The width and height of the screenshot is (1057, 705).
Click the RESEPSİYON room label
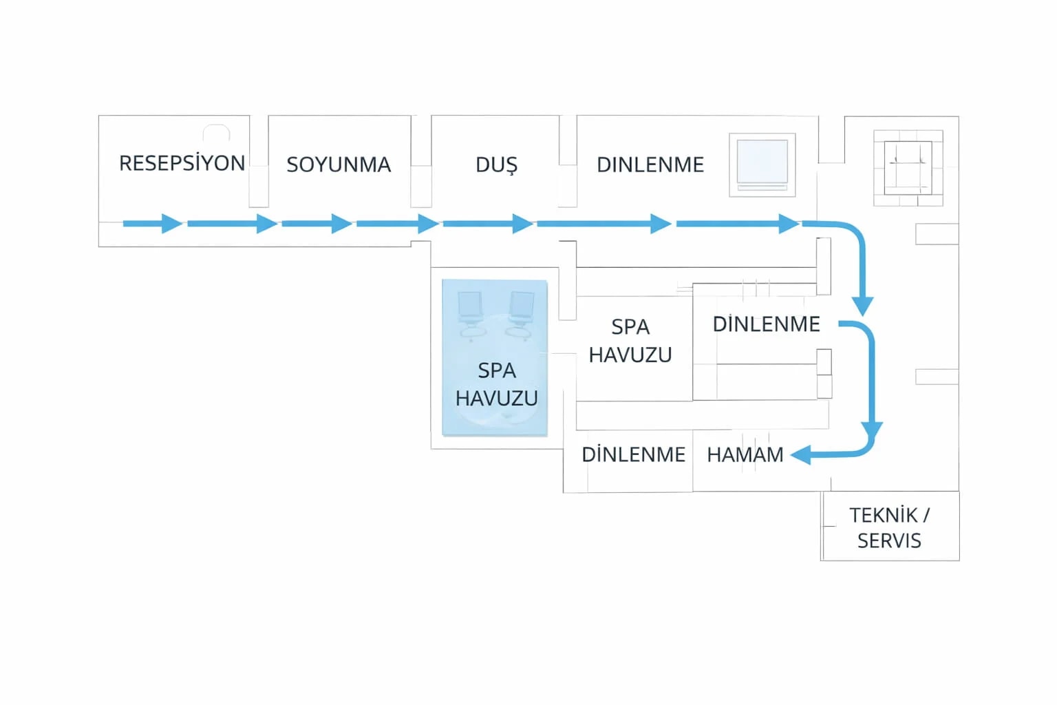pyautogui.click(x=182, y=163)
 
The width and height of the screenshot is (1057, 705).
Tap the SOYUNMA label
pyautogui.click(x=339, y=165)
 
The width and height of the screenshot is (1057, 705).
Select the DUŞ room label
pyautogui.click(x=496, y=165)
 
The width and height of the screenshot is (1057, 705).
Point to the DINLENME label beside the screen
pyautogui.click(x=650, y=165)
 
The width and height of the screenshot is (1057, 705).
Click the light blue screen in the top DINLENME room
pyautogui.click(x=762, y=162)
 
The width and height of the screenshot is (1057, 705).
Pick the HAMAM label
pyautogui.click(x=745, y=454)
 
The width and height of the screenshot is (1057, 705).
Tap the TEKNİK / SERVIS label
pyautogui.click(x=890, y=528)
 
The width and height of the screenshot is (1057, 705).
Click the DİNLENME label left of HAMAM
pyautogui.click(x=633, y=454)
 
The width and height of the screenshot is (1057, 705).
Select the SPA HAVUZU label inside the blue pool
pyautogui.click(x=496, y=384)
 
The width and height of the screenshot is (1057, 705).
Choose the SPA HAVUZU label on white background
pyautogui.click(x=630, y=341)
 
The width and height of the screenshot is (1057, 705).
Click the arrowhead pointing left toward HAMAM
pyautogui.click(x=801, y=455)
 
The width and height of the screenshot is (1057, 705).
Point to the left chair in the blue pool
pyautogui.click(x=471, y=315)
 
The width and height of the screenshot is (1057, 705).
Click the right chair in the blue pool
pyautogui.click(x=520, y=315)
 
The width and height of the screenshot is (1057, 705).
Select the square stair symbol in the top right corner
pyautogui.click(x=908, y=168)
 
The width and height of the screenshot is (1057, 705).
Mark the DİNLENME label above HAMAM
pyautogui.click(x=767, y=324)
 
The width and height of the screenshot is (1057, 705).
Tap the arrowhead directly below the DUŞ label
pyautogui.click(x=523, y=223)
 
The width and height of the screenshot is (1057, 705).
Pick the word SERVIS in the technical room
pyautogui.click(x=890, y=541)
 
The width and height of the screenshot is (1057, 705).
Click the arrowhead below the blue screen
pyautogui.click(x=789, y=223)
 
